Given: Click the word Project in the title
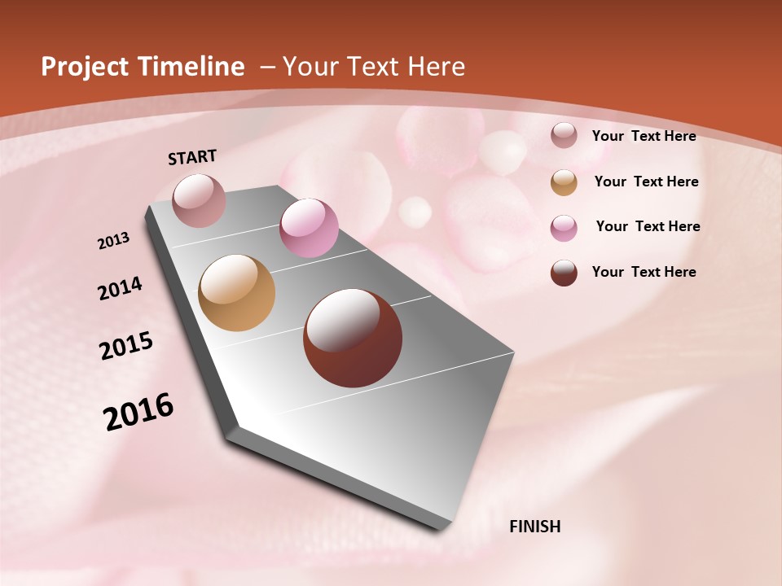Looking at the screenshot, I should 86,67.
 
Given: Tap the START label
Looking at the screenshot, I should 192,157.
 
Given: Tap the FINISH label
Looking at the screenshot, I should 535,527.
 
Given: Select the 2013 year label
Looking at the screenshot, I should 113,241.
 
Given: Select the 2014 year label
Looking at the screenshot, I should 120,289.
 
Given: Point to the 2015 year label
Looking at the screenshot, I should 126,346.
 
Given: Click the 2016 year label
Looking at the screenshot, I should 138,412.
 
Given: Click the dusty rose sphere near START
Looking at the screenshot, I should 200,200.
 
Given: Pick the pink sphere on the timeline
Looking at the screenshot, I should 309,228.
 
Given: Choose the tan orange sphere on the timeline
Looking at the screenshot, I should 237,293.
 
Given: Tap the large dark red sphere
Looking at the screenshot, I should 353,338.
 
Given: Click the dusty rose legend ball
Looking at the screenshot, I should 564,135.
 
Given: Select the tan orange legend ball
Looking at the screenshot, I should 564,182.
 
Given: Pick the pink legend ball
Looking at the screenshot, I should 564,228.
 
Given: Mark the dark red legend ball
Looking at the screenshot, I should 564,273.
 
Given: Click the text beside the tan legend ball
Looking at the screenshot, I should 646,181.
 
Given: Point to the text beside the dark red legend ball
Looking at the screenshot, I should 644,272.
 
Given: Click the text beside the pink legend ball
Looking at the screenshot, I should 648,226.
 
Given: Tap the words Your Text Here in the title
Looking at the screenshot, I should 374,67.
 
